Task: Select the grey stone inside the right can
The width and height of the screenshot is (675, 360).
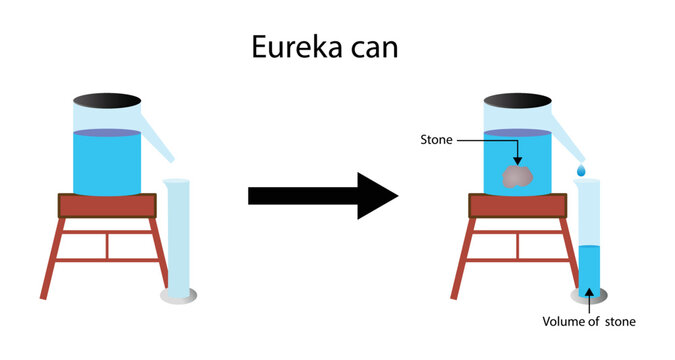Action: (x=516, y=177)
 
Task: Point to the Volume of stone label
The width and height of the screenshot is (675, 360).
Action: (x=589, y=322)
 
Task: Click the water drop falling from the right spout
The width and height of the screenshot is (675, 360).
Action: (x=581, y=171)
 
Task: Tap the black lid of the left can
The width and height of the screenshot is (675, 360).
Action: (x=106, y=100)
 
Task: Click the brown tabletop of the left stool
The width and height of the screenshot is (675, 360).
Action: (x=108, y=206)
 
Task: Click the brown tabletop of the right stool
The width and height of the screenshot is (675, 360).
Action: (x=518, y=206)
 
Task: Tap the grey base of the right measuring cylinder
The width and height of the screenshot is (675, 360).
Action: (x=588, y=297)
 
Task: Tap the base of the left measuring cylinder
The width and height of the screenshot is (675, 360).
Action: (x=177, y=297)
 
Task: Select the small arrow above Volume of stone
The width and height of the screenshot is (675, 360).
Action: (x=589, y=300)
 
